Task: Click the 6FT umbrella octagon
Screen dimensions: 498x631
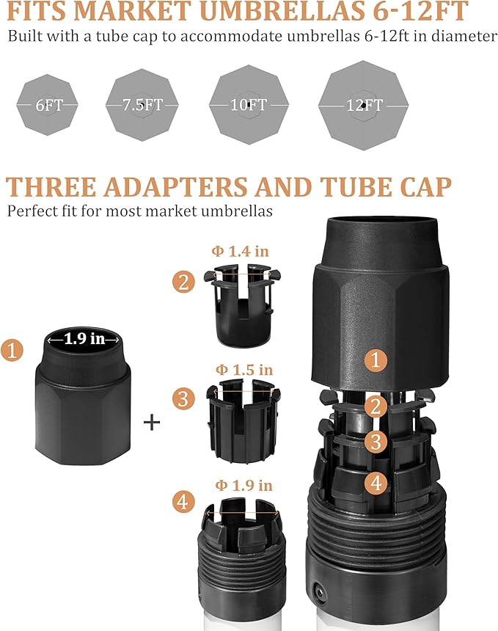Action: [48, 105]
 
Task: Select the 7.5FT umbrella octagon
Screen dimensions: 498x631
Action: [142, 105]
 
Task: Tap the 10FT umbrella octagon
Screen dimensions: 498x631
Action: [249, 105]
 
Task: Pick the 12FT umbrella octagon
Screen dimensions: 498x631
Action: [364, 105]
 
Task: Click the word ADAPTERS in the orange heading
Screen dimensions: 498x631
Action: [175, 187]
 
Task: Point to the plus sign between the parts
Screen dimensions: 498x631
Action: [152, 422]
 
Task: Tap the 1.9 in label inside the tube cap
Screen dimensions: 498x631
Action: [84, 339]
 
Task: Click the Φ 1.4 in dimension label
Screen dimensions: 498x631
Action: [240, 251]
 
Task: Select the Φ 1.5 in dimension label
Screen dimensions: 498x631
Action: [244, 369]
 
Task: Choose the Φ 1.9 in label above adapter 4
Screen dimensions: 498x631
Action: [243, 485]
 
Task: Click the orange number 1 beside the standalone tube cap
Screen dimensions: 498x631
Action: [12, 350]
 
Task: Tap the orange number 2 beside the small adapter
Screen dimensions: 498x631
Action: [183, 281]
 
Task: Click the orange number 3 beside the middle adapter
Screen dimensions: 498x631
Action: [183, 399]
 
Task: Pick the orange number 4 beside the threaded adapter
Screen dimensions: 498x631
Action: [183, 502]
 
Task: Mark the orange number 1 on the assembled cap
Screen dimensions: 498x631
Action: [376, 360]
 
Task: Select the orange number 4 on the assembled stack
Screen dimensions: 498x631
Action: [376, 482]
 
